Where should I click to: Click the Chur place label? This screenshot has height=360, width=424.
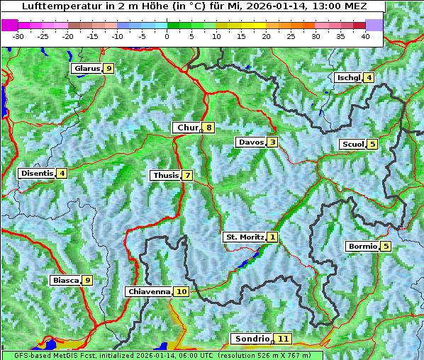pos(187,128)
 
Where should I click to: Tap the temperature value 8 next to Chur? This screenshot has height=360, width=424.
pos(209,128)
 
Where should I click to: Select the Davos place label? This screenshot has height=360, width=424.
pos(250,142)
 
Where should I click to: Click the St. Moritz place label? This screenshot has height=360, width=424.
pos(244,237)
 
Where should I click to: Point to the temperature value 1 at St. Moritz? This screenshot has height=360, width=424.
pos(273,237)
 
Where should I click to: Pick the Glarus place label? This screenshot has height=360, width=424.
pos(86,69)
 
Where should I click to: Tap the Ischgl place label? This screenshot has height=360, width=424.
pos(348,77)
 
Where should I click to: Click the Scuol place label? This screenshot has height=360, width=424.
pos(352,145)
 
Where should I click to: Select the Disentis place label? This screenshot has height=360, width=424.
pos(37,173)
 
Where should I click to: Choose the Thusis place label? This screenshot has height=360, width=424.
pos(165,175)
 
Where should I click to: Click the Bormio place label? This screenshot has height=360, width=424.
pos(362,247)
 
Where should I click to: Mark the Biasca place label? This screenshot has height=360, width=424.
pos(65,281)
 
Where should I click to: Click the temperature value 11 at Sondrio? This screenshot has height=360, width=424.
pos(283,339)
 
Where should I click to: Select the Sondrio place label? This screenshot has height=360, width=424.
pos(252,339)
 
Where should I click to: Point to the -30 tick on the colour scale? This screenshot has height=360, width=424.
pos(18,36)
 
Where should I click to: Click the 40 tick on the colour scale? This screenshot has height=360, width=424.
pos(365,36)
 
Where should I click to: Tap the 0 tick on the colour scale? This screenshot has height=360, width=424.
pos(167,36)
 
